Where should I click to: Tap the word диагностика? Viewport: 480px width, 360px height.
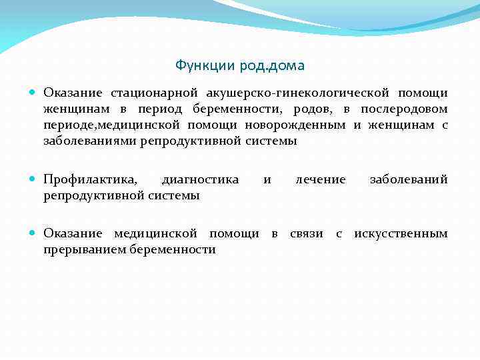(x=200, y=179)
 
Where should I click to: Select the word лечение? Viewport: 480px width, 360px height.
(x=321, y=179)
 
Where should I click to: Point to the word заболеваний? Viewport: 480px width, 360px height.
(x=409, y=179)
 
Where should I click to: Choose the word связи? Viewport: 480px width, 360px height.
(x=306, y=233)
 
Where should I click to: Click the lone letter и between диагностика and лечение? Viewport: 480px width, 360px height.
(x=267, y=179)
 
